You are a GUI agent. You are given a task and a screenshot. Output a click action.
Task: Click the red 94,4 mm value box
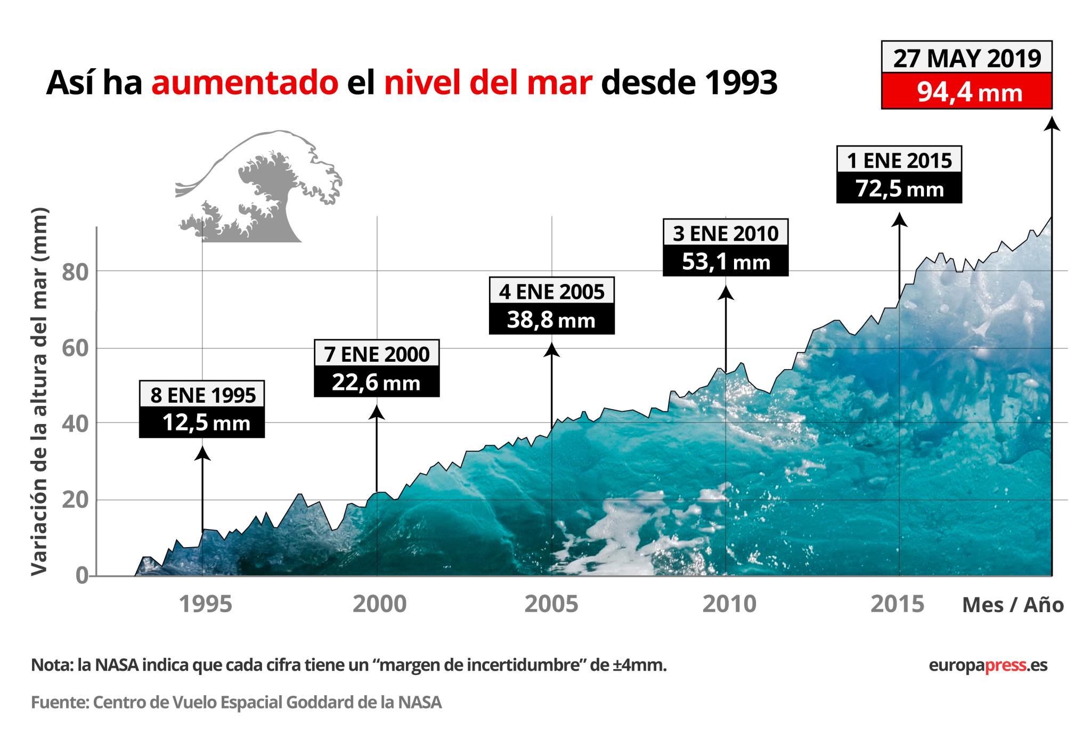click(x=966, y=91)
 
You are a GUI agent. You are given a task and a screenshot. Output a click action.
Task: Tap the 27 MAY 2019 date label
click(x=966, y=58)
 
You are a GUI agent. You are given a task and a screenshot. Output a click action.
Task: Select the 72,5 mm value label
click(x=899, y=189)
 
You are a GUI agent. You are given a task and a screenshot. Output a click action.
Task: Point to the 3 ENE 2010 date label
click(x=725, y=233)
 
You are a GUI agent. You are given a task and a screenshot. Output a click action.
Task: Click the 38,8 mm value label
click(x=551, y=320)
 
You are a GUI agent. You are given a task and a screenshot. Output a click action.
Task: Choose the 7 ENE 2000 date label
click(x=377, y=354)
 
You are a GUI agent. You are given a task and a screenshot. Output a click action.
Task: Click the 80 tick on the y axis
click(x=74, y=273)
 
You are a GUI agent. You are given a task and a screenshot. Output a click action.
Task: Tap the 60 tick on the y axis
click(x=74, y=349)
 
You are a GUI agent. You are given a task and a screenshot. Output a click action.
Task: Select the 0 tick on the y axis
click(x=82, y=576)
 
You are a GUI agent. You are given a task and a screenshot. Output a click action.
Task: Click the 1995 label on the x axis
click(x=205, y=605)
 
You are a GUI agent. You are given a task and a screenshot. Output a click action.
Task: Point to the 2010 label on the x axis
click(x=729, y=605)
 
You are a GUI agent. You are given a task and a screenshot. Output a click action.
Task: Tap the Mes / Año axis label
click(x=1013, y=605)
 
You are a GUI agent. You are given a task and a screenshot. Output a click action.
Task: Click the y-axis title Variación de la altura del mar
click(x=39, y=392)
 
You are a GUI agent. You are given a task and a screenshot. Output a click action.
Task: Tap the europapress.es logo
click(x=988, y=665)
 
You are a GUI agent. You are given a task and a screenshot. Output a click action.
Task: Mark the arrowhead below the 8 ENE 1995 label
click(x=202, y=453)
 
